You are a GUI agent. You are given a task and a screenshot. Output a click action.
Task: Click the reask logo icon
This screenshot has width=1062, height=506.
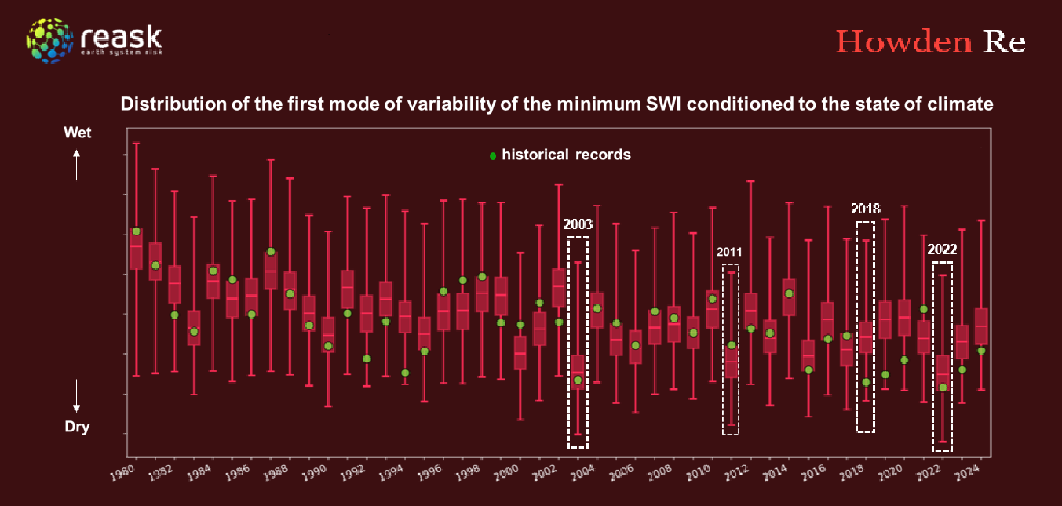[52, 40]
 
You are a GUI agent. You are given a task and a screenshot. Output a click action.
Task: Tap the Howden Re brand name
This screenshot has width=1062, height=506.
[930, 42]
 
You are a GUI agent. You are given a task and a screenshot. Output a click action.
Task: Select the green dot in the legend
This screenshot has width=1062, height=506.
[493, 155]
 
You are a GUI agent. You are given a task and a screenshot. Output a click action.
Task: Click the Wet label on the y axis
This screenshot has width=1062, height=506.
[77, 133]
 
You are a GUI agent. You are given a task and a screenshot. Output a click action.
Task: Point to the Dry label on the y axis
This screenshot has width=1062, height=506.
[77, 428]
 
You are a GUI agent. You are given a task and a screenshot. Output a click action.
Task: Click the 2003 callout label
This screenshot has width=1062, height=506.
[578, 224]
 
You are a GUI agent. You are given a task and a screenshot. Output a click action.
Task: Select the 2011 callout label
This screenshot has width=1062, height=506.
[730, 253]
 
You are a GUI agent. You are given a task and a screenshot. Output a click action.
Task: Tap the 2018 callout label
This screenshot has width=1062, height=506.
[865, 209]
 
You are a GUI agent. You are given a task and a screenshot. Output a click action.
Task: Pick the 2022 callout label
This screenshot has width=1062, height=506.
[942, 250]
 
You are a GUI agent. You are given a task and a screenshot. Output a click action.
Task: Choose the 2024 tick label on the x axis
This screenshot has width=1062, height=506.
[971, 473]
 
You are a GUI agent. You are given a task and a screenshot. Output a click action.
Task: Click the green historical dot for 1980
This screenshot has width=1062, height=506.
[136, 231]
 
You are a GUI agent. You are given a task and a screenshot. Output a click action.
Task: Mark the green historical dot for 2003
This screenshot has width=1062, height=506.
[578, 380]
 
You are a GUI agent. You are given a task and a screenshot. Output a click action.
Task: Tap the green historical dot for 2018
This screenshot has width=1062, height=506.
[866, 383]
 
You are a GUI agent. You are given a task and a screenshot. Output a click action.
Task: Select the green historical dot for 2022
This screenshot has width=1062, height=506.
[943, 388]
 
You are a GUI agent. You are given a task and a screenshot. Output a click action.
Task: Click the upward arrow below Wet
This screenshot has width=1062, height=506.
[77, 165]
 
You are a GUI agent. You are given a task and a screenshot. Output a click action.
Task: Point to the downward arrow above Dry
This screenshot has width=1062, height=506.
[77, 396]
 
